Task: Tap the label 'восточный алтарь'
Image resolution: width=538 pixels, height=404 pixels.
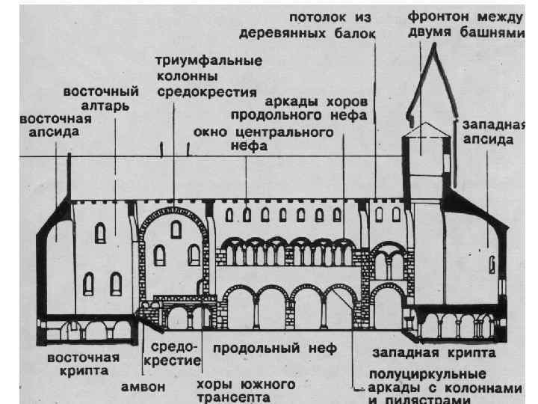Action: (100, 99)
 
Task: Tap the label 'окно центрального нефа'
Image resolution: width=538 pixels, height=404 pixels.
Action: (263, 140)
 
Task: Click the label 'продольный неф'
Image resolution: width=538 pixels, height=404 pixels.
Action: (274, 348)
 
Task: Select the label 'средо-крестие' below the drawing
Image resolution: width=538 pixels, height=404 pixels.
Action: (176, 355)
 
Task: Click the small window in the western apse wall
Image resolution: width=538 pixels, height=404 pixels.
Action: (492, 265)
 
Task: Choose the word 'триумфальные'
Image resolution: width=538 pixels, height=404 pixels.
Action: (208, 61)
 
